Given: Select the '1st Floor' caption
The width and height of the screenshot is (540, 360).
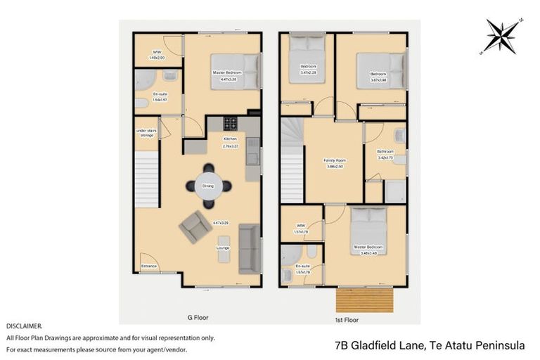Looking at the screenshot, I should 347,319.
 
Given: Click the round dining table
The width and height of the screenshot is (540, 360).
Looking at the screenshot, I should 208,186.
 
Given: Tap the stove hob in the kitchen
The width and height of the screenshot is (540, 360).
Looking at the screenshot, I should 231,124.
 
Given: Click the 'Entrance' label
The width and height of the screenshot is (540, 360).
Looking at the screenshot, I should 149,266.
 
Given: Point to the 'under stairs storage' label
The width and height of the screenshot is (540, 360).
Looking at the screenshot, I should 146,133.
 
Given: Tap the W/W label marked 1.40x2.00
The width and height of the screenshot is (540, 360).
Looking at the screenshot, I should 157,55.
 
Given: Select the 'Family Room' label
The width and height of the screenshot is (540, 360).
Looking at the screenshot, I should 334,161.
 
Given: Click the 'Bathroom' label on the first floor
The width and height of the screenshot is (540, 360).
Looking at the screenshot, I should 385,152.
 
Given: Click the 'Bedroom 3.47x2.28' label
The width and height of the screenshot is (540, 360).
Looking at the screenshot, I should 308,70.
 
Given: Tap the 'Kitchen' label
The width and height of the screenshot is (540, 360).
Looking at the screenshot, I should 230,140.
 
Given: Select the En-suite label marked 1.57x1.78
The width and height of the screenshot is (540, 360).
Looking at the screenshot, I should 303,268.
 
